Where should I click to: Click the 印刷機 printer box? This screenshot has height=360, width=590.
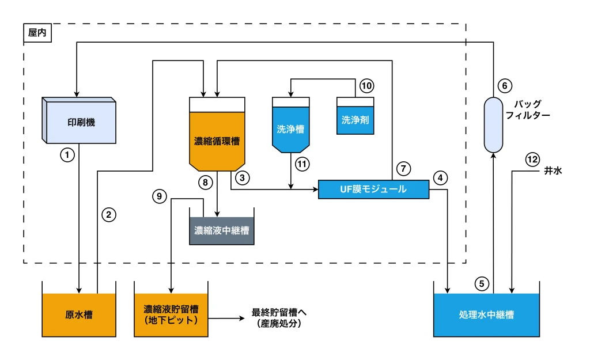81,122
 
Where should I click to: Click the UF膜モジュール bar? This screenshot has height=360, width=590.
373,190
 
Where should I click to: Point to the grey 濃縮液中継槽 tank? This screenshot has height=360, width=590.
221,231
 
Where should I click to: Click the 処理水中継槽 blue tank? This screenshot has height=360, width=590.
486,314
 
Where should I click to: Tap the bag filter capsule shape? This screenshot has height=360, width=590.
493,124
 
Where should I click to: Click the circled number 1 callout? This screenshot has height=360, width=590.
68,154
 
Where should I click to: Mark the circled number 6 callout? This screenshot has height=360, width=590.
504,86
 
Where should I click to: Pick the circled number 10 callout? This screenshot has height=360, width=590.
366,86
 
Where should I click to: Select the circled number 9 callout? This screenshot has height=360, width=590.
160,196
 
